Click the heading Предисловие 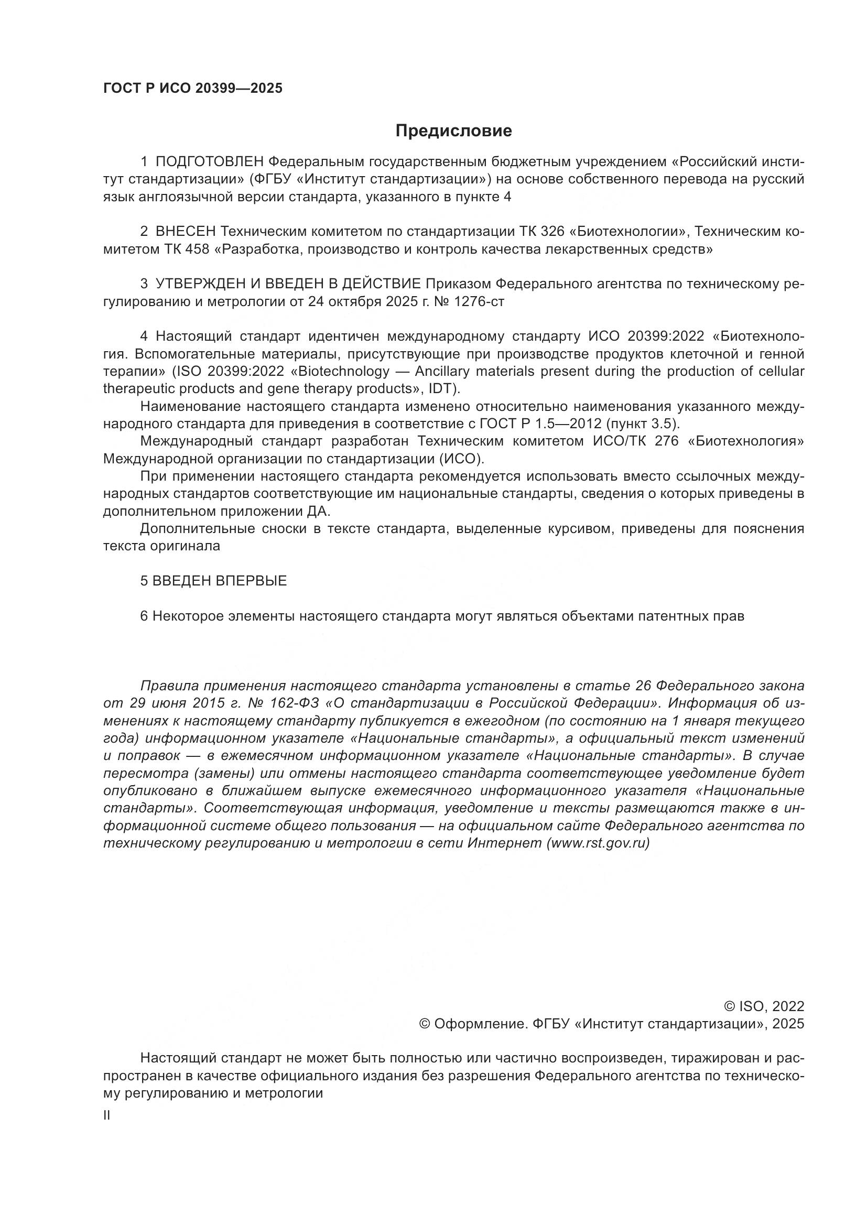tap(453, 131)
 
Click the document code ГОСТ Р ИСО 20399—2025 tap(192, 89)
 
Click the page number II tap(107, 1116)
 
